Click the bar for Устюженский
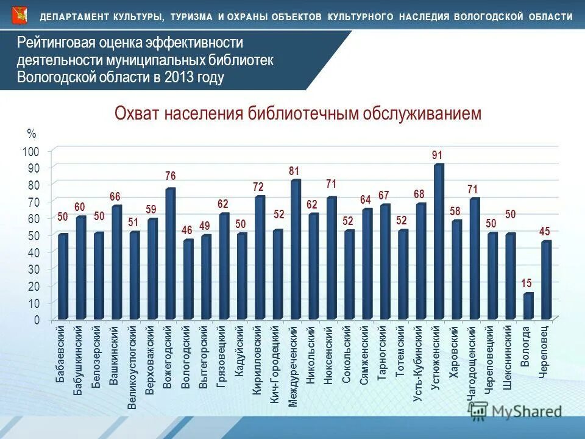point(438,241)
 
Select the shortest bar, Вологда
point(528,306)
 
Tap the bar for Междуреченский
point(295,249)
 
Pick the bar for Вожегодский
point(169,254)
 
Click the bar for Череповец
point(546,280)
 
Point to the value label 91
point(437,155)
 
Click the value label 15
point(526,283)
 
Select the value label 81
point(294,172)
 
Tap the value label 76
point(170,176)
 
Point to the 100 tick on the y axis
point(32,151)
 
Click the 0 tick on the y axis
point(37,319)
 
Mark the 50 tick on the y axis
point(34,235)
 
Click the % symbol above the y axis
point(32,134)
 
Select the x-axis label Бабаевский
point(60,354)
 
